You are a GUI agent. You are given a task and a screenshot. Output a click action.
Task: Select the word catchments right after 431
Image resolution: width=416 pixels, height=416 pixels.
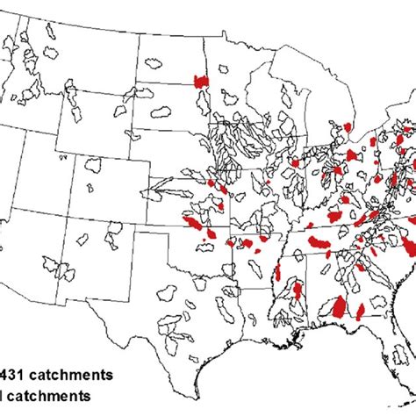click(70, 374)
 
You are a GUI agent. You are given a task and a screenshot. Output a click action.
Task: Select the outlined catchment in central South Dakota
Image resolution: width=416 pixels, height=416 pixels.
click(161, 113)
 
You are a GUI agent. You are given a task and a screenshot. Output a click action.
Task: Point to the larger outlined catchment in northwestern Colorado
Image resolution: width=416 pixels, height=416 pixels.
click(96, 165)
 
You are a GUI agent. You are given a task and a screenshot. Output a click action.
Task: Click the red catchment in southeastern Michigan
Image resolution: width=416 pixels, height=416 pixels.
click(348, 128)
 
